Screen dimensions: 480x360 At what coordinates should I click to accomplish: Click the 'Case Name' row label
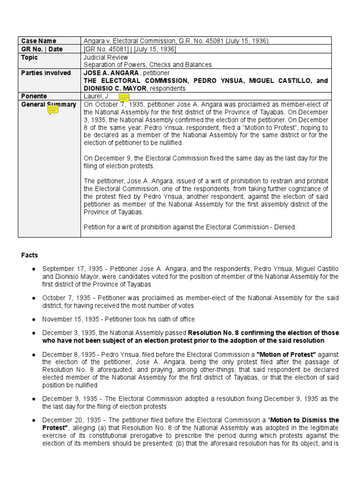38,41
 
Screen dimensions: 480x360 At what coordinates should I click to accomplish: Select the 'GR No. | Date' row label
42,49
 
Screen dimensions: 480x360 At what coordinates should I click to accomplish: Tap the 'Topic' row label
30,57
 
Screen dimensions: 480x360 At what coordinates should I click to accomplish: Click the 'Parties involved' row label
46,73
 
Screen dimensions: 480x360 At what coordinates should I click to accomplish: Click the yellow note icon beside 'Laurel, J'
124,97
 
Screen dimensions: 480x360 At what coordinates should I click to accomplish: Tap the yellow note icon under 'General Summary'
53,110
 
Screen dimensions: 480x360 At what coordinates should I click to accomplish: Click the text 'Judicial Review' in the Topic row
104,57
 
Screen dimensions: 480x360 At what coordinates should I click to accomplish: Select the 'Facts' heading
30,255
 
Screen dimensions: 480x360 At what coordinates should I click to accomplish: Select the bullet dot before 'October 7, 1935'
34,298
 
